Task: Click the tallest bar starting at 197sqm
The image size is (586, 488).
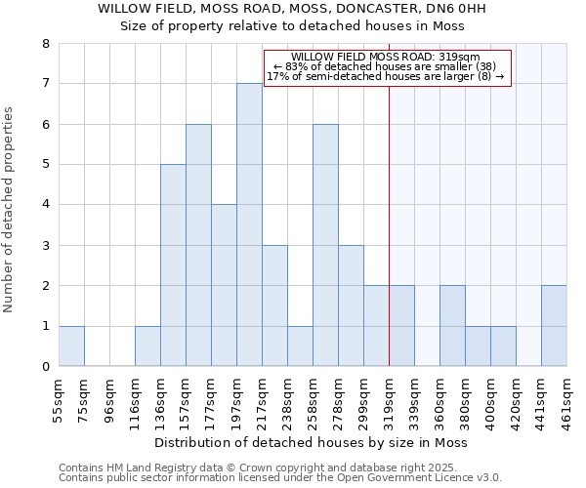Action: [249, 224]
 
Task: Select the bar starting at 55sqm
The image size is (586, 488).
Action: [71, 346]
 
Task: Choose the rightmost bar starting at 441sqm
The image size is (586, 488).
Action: [554, 326]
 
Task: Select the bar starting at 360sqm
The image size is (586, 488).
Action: [452, 326]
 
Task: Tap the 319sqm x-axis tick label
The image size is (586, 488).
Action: [390, 400]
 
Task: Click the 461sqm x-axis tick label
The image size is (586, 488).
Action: [567, 400]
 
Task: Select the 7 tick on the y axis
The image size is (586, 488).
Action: [45, 84]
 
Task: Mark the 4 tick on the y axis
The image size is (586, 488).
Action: [45, 205]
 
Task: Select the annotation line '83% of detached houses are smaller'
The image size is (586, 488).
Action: [387, 66]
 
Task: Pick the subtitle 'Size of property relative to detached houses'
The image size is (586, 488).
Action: [292, 26]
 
